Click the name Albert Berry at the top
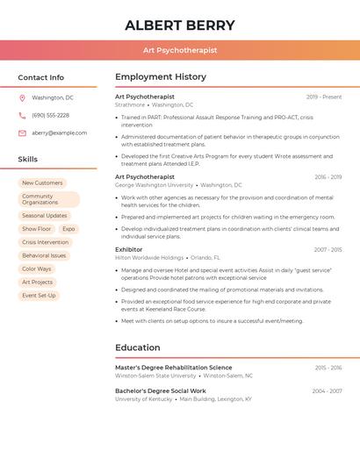pos(180,25)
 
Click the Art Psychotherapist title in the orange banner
pos(180,50)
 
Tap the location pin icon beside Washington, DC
pos(22,97)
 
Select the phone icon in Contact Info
pos(22,115)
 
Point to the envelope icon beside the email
pos(22,132)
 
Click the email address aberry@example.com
pos(60,132)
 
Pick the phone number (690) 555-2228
pos(50,115)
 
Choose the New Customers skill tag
pos(42,182)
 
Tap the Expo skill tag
pos(68,228)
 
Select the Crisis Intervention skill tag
pos(45,242)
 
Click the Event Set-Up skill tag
pos(39,296)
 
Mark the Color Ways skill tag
pos(37,268)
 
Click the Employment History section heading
pos(161,77)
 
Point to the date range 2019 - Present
pos(324,97)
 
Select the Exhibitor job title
pos(128,249)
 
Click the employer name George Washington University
pos(154,185)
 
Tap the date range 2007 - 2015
pos(328,249)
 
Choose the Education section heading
pos(137,347)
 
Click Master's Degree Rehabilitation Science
pos(174,368)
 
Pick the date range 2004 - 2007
pos(327,390)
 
